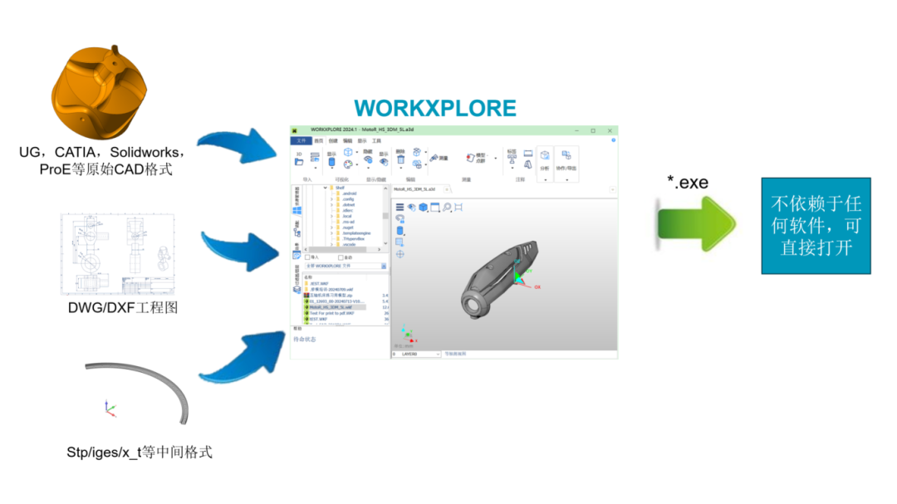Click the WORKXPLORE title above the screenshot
pyautogui.click(x=435, y=109)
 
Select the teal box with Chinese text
pyautogui.click(x=816, y=226)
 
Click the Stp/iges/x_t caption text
pyautogui.click(x=140, y=453)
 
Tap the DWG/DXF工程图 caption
pyautogui.click(x=123, y=309)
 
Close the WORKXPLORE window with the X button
pyautogui.click(x=610, y=130)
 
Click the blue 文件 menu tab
pyautogui.click(x=301, y=141)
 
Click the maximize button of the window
pyautogui.click(x=593, y=130)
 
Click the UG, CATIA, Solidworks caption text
pyautogui.click(x=101, y=161)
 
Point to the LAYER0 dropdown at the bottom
pyautogui.click(x=415, y=354)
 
